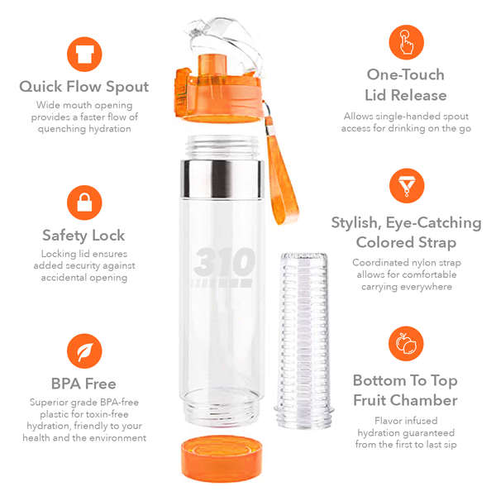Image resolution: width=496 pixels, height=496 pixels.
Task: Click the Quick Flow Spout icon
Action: click(84, 55)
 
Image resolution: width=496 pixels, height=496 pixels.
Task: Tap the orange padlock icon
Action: click(84, 202)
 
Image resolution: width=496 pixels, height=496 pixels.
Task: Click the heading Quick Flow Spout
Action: click(84, 86)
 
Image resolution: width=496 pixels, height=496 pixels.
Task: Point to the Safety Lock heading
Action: click(84, 235)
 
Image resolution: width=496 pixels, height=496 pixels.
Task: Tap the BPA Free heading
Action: click(84, 384)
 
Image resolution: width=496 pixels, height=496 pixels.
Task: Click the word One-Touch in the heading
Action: click(405, 74)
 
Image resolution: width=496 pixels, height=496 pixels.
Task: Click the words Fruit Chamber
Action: click(405, 400)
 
